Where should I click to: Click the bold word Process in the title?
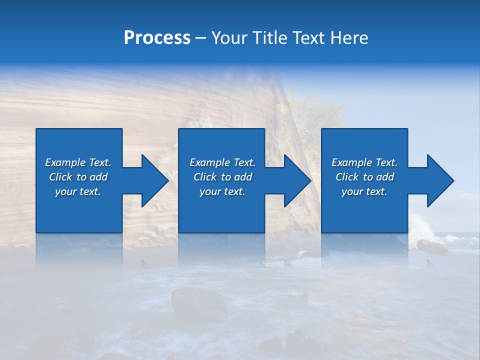pyautogui.click(x=157, y=38)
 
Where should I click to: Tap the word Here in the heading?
pyautogui.click(x=349, y=38)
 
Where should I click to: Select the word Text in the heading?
pyautogui.click(x=310, y=38)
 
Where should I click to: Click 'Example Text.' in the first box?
pyautogui.click(x=78, y=162)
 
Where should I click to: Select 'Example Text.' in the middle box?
pyautogui.click(x=222, y=162)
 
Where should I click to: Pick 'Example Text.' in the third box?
pyautogui.click(x=364, y=162)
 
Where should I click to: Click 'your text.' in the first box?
pyautogui.click(x=78, y=191)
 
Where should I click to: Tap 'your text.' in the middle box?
pyautogui.click(x=222, y=191)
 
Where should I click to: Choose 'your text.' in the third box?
pyautogui.click(x=364, y=191)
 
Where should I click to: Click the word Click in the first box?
pyautogui.click(x=60, y=177)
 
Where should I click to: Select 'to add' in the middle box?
pyautogui.click(x=236, y=177)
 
